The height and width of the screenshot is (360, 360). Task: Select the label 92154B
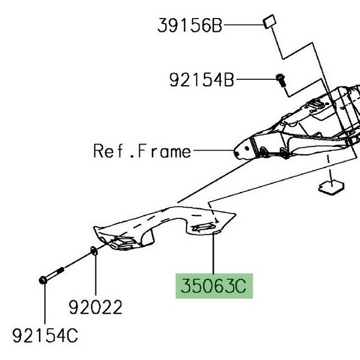click(201, 79)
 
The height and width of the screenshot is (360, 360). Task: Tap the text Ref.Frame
click(142, 150)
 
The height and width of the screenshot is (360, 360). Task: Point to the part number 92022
click(95, 308)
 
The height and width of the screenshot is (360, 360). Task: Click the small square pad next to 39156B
click(268, 23)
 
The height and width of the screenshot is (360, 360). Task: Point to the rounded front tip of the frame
click(239, 149)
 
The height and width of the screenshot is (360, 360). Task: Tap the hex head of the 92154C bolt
click(44, 280)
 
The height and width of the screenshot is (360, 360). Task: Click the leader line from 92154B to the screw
click(255, 79)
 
